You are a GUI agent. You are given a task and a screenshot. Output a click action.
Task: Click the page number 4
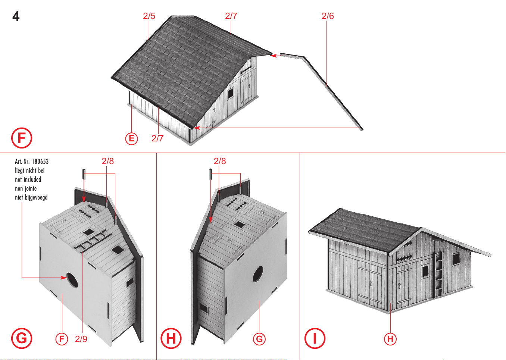coord(16,16)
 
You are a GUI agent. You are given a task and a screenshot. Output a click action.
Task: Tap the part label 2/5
coord(149,16)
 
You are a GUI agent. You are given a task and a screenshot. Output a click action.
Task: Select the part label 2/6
coord(328,16)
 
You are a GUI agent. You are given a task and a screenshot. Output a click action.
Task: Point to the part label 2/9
coord(81,339)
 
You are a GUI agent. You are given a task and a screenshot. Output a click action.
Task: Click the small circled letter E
coord(131,138)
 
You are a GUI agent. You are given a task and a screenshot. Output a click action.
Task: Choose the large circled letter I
coord(315,338)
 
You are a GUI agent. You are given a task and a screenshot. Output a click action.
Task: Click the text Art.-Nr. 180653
coord(32,162)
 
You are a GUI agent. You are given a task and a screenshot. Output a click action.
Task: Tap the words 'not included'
coord(28,179)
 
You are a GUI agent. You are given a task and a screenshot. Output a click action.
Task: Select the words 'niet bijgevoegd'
coord(31,198)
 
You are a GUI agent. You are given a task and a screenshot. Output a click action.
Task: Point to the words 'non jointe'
coord(26,189)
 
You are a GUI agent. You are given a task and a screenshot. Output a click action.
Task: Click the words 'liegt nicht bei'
coord(29,170)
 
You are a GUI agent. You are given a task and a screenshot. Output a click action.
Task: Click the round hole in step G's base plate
coord(72,280)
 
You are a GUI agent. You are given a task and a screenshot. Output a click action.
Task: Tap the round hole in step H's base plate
coord(258,274)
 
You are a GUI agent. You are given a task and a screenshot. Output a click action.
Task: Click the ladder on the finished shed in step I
coord(438,274)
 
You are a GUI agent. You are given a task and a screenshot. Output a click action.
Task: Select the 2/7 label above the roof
coord(231,16)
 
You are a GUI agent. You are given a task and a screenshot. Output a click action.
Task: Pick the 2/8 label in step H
coord(220,161)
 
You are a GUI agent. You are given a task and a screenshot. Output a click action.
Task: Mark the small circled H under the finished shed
coord(390,339)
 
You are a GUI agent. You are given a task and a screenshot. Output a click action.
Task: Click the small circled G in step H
coord(259,339)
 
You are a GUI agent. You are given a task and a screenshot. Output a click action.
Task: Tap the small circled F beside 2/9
coord(62,339)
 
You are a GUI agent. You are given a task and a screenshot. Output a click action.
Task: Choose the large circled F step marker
coord(22,138)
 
